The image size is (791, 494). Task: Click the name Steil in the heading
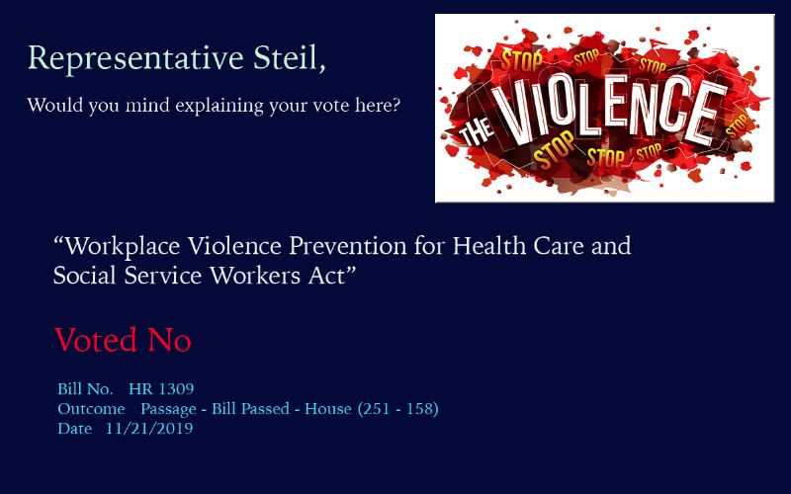coord(289,58)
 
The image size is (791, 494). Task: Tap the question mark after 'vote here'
coord(396,105)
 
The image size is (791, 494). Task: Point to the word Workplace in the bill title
coord(123,246)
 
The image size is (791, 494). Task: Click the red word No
coord(169,340)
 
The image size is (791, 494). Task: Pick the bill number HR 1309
coord(161,388)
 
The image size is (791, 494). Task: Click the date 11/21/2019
coord(149,429)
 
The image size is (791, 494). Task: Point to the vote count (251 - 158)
coord(398,409)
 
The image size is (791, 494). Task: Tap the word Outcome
coord(91,409)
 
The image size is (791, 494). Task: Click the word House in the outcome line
coord(328,409)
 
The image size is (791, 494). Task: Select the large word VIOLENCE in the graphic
coord(610,111)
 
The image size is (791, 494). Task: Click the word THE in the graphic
coord(477,132)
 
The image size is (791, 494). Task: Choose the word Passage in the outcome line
coord(168,410)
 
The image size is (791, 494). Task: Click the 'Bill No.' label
coord(85,388)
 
